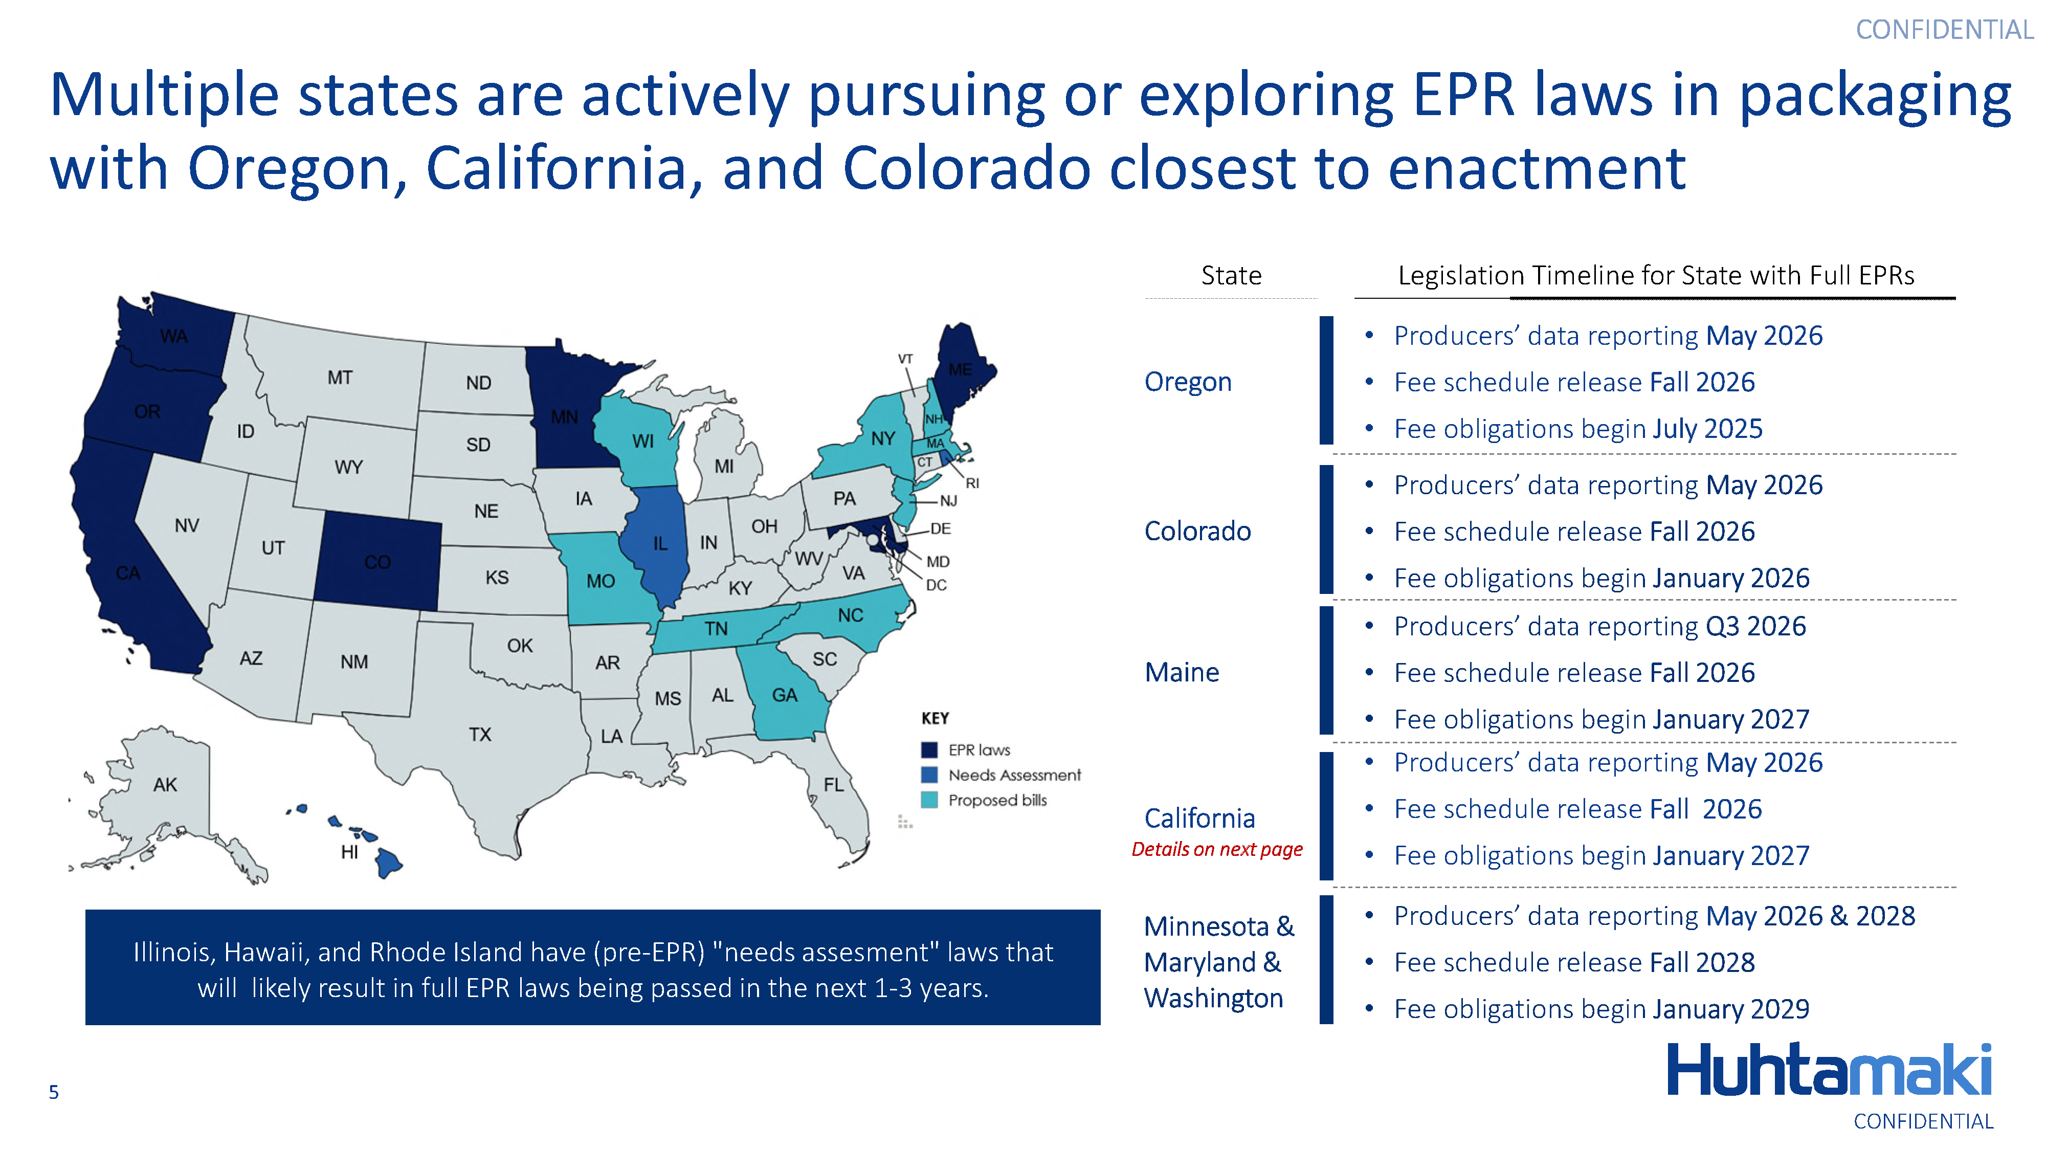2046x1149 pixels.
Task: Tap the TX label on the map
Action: [x=480, y=734]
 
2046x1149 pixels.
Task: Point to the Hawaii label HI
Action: [x=349, y=852]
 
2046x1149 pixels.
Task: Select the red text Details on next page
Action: [x=1217, y=849]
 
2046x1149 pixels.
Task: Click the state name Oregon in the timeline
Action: [x=1187, y=382]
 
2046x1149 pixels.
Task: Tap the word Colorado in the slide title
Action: [x=966, y=168]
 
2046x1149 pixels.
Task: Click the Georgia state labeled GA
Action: [x=785, y=695]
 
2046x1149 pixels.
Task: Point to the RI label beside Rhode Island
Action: [x=972, y=483]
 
